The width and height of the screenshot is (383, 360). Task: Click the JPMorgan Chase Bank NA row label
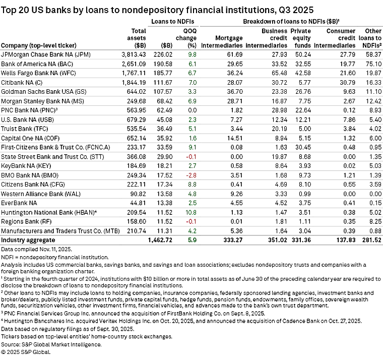46,54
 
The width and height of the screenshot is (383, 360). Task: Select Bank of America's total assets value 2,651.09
134,64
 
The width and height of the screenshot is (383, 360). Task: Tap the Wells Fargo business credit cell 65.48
279,73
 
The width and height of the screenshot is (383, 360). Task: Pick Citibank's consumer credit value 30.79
347,83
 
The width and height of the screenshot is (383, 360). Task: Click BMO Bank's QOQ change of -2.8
191,175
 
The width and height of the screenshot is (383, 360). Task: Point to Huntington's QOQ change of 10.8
191,212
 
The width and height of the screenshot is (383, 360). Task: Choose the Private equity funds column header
300,38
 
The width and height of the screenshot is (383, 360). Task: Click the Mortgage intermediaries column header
222,42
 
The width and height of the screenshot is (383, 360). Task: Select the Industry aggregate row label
28,240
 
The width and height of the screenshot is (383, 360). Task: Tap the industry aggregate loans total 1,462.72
160,240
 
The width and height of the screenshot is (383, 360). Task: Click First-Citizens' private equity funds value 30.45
303,147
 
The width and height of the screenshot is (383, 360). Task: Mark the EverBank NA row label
19,203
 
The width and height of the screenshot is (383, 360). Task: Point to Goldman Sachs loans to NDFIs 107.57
163,92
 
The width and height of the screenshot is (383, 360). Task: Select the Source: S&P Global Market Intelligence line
51,344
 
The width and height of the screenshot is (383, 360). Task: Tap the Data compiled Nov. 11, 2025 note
36,249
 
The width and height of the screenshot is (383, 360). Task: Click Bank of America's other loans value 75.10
374,64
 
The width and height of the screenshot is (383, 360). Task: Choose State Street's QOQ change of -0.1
191,157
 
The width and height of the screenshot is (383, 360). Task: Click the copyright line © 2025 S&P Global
26,352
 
